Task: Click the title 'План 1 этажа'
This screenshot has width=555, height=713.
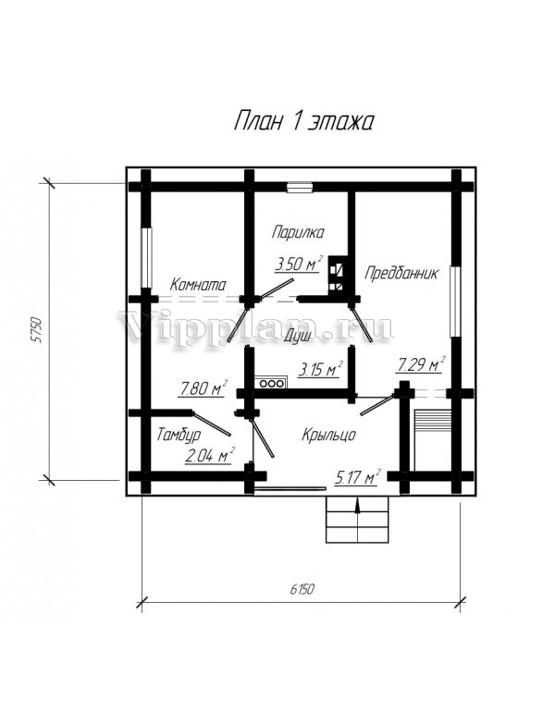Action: tap(303, 122)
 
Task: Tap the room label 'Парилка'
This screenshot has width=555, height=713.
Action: tap(298, 232)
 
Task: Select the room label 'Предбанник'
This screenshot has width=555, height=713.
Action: tap(401, 274)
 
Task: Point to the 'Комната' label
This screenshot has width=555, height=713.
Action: tap(198, 285)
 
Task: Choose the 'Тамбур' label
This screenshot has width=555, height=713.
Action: tap(179, 435)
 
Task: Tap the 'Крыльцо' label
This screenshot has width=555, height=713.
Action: tap(328, 435)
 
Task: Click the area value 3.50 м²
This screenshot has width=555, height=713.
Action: tap(299, 264)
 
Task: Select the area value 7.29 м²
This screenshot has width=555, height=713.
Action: tap(421, 364)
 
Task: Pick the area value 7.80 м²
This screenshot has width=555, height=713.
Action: tap(203, 387)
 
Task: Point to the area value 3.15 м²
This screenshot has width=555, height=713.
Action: tap(320, 369)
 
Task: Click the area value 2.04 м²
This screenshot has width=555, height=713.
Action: tap(210, 456)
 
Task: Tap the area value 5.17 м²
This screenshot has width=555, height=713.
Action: tap(357, 477)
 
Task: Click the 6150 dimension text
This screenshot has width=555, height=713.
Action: tap(302, 589)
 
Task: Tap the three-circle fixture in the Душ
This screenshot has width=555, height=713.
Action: tap(271, 383)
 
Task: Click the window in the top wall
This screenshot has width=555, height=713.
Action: tap(300, 188)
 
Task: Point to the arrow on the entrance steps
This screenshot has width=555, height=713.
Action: tap(358, 507)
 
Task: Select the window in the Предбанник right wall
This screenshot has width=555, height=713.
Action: tap(455, 301)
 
